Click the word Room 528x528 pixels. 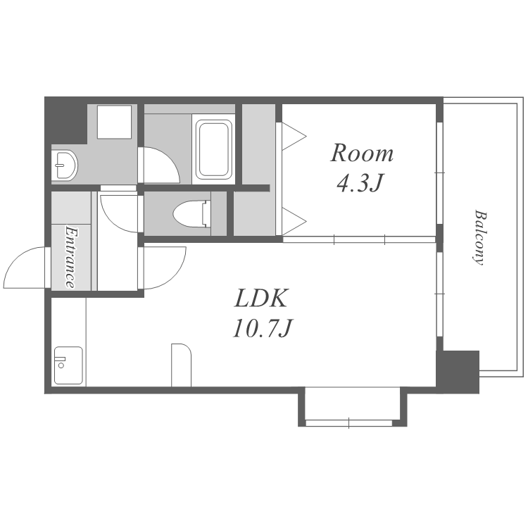tap(362, 153)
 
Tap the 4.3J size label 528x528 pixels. tap(360, 183)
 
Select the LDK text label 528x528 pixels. tap(261, 298)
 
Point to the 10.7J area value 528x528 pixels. tap(262, 328)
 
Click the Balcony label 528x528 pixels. tap(480, 238)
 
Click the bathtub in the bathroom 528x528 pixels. tap(214, 149)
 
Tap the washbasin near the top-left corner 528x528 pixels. tap(64, 165)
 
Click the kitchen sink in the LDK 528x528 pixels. tap(68, 365)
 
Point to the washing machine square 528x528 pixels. tap(114, 122)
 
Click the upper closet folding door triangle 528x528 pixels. tap(294, 137)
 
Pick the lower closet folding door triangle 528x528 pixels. tap(294, 221)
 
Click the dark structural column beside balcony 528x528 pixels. tap(458, 372)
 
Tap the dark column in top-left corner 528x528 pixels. tap(65, 120)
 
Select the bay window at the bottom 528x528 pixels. tap(352, 407)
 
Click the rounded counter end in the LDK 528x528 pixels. tap(181, 365)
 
